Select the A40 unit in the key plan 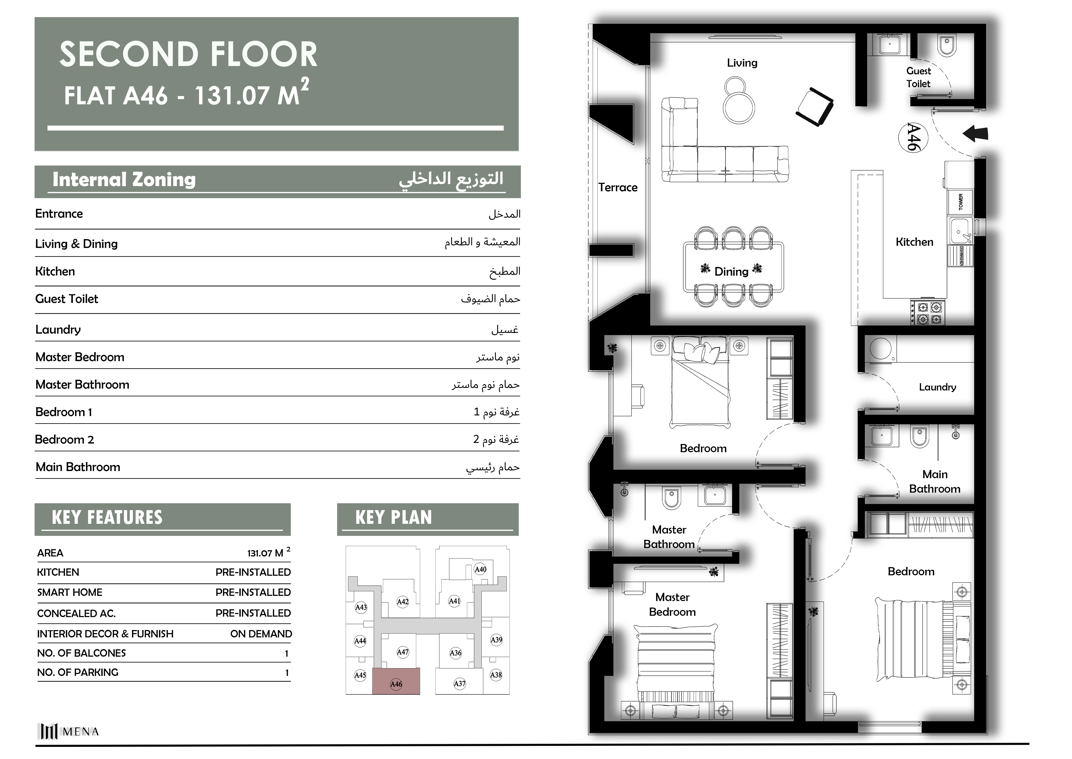pyautogui.click(x=480, y=569)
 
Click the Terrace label pyautogui.click(x=618, y=187)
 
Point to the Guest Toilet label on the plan pyautogui.click(x=918, y=77)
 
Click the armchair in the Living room pyautogui.click(x=815, y=107)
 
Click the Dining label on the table pyautogui.click(x=731, y=272)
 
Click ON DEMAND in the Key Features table pyautogui.click(x=261, y=634)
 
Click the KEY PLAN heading pyautogui.click(x=393, y=517)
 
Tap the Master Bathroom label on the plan pyautogui.click(x=669, y=537)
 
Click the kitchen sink pyautogui.click(x=960, y=231)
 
